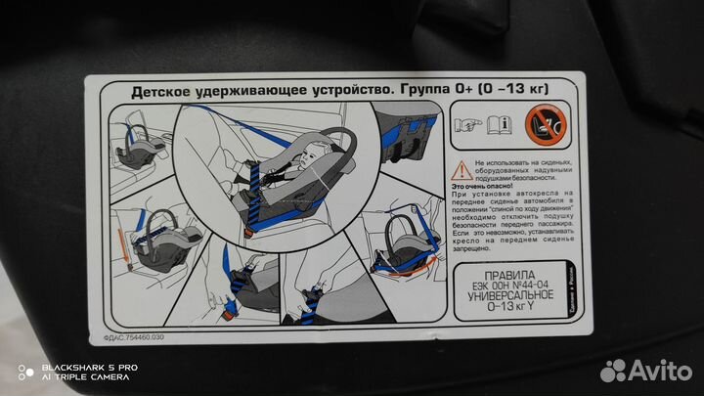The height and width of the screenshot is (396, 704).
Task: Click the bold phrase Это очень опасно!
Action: click(485, 185)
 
